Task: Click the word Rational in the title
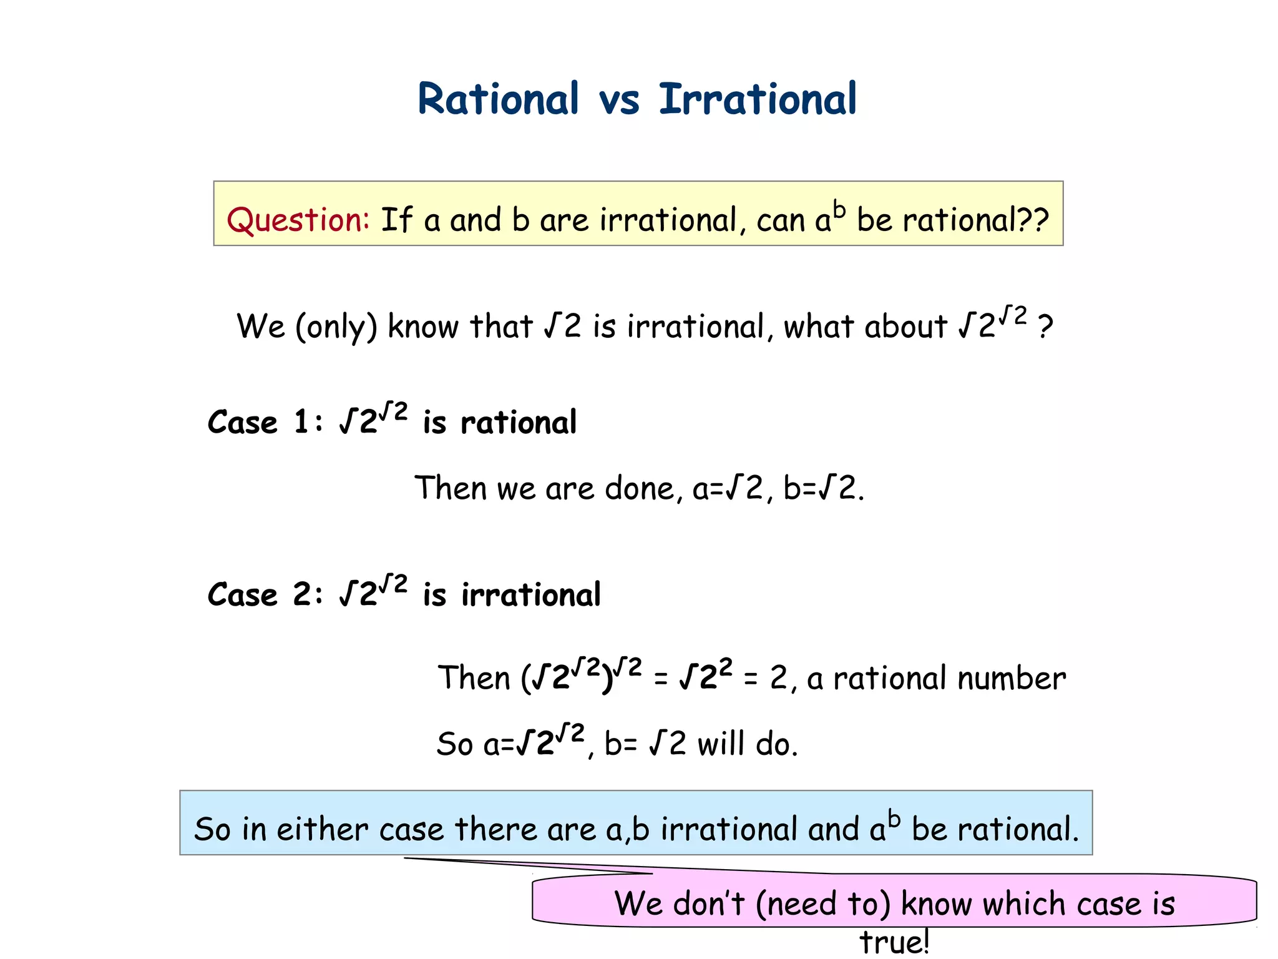tap(498, 99)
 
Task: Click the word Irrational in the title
tap(758, 99)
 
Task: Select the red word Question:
tap(298, 220)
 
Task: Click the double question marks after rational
tap(1033, 220)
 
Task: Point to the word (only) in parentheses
tap(336, 327)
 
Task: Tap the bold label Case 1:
tap(265, 422)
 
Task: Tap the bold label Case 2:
tap(265, 594)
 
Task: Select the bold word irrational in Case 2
tap(530, 594)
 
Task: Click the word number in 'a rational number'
tap(1012, 678)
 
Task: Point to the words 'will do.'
tap(748, 744)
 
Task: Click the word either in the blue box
tap(322, 829)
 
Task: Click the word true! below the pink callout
tap(894, 942)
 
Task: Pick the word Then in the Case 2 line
tap(474, 678)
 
